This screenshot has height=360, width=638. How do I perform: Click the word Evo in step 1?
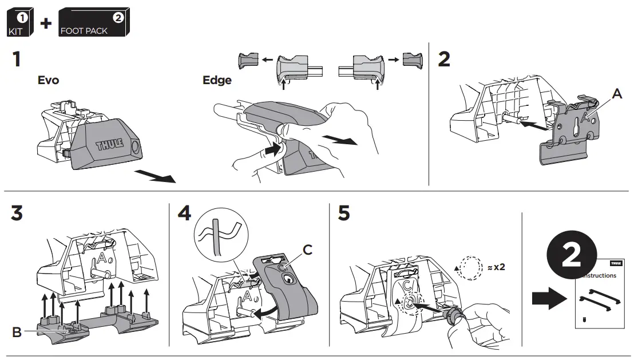(x=48, y=80)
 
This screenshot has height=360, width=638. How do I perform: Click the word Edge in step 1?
(x=217, y=80)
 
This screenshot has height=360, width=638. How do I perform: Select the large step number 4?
(x=185, y=213)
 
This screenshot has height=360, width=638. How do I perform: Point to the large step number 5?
(x=344, y=213)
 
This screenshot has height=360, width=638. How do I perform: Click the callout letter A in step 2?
(x=617, y=94)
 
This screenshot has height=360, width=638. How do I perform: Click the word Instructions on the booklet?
(x=600, y=275)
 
